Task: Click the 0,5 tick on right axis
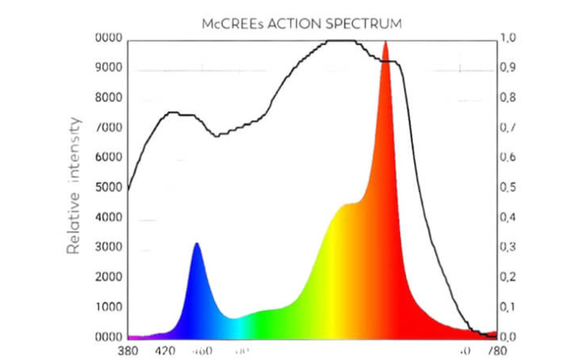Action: (x=508, y=188)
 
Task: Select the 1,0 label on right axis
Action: (x=508, y=38)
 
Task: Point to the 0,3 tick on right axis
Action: (x=508, y=247)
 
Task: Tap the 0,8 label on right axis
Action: (x=508, y=98)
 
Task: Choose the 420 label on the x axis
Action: (x=165, y=350)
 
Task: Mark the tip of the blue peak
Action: (x=196, y=244)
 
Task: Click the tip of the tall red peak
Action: (x=385, y=42)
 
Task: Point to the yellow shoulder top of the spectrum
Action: (x=347, y=205)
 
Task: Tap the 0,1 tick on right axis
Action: (x=508, y=307)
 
